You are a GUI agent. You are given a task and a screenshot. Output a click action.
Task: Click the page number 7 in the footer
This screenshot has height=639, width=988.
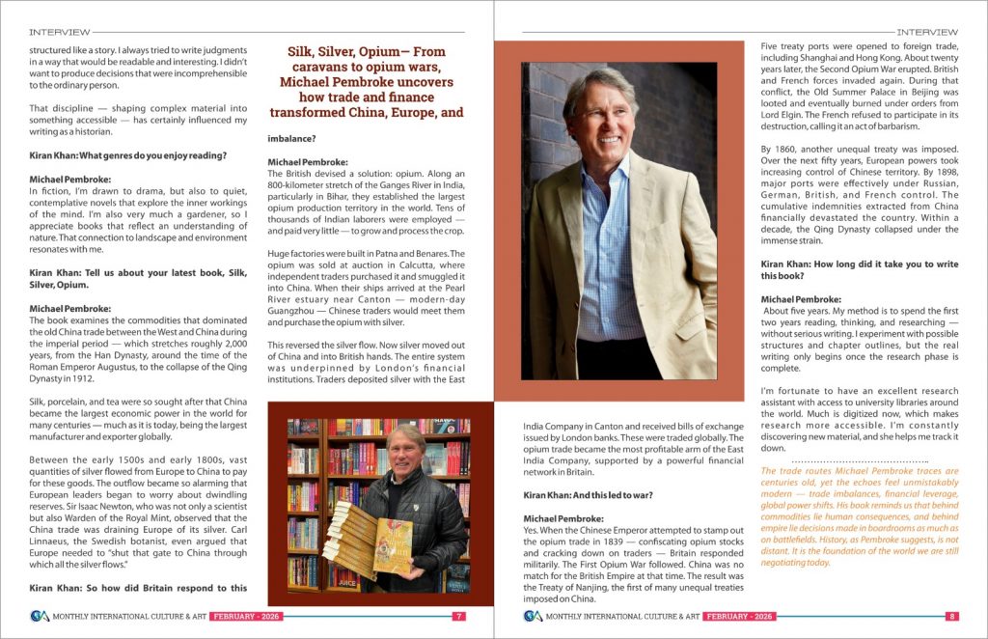pos(459,616)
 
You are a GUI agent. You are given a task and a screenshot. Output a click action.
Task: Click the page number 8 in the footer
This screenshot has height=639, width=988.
pos(952,616)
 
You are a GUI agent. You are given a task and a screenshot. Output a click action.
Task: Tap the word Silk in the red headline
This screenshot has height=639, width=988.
pos(306,52)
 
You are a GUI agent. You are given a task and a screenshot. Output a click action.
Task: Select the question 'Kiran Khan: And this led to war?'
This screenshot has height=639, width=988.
pos(588,495)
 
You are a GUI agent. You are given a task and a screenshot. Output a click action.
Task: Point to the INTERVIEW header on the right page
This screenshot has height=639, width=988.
pos(927,32)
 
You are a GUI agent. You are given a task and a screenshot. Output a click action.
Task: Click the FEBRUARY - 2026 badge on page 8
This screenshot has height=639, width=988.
pos(739,616)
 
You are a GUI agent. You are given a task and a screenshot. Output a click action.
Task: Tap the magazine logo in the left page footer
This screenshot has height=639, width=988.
pos(39,616)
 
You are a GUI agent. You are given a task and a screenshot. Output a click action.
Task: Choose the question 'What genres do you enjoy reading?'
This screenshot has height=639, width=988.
pos(135,155)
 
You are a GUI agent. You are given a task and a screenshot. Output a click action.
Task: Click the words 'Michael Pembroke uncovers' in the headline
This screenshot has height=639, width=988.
pos(366,82)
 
